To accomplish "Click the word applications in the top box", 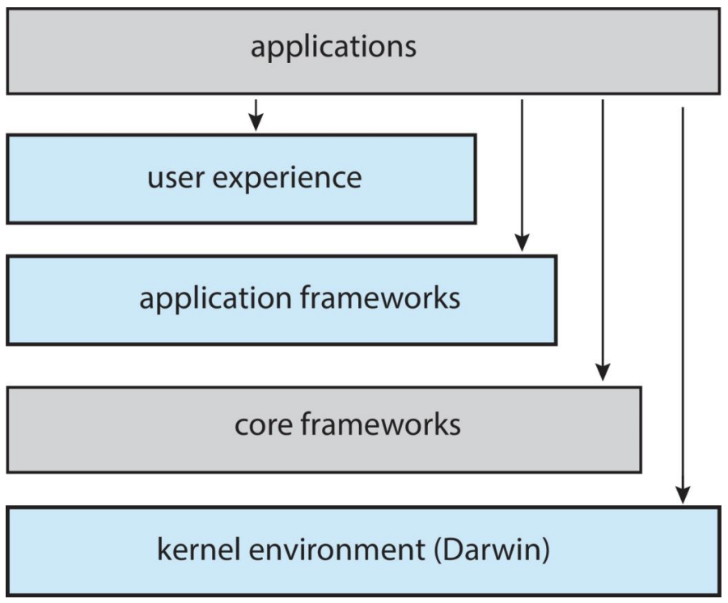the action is pyautogui.click(x=333, y=48).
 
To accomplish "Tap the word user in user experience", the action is pyautogui.click(x=175, y=178).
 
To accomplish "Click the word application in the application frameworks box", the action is pyautogui.click(x=215, y=299).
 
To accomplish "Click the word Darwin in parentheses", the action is pyautogui.click(x=492, y=549).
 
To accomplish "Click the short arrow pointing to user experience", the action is pyautogui.click(x=256, y=115).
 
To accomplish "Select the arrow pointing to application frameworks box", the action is pyautogui.click(x=522, y=175).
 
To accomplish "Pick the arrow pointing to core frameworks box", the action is pyautogui.click(x=603, y=240).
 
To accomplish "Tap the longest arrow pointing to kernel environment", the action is pyautogui.click(x=683, y=306).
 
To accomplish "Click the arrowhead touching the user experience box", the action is pyautogui.click(x=256, y=122).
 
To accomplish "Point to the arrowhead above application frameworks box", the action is pyautogui.click(x=522, y=243).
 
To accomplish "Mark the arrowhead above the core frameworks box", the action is pyautogui.click(x=603, y=373).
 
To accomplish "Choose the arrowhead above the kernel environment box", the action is pyautogui.click(x=683, y=495).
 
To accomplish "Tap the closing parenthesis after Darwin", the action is pyautogui.click(x=545, y=550).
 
